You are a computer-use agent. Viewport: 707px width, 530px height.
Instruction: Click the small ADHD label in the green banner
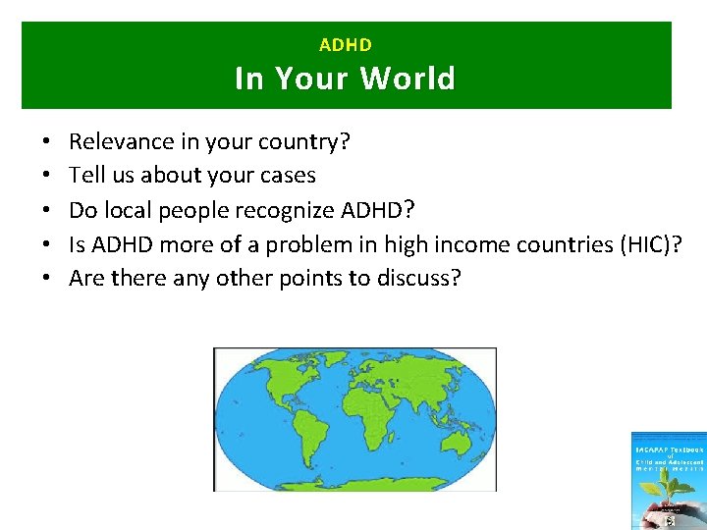tap(346, 44)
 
